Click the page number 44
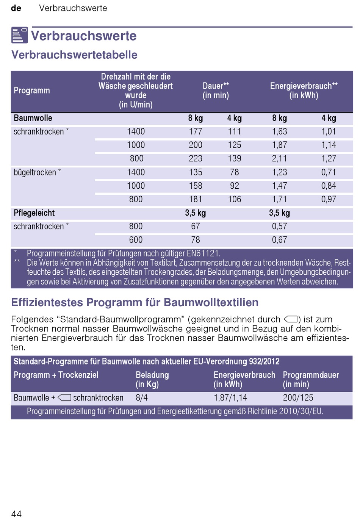[16, 514]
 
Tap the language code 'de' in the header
[16, 8]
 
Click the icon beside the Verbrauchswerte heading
[20, 35]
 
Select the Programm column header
[32, 91]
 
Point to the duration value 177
[196, 131]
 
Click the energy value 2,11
[279, 159]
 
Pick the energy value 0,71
[329, 172]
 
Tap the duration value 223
[196, 159]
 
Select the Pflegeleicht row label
[34, 213]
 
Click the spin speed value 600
[136, 240]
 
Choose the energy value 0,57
[279, 226]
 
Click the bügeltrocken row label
[35, 172]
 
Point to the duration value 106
[235, 199]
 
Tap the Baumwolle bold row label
[33, 118]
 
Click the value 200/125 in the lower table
[298, 398]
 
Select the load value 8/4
[142, 398]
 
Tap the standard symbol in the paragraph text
[291, 319]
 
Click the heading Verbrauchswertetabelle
[74, 55]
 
